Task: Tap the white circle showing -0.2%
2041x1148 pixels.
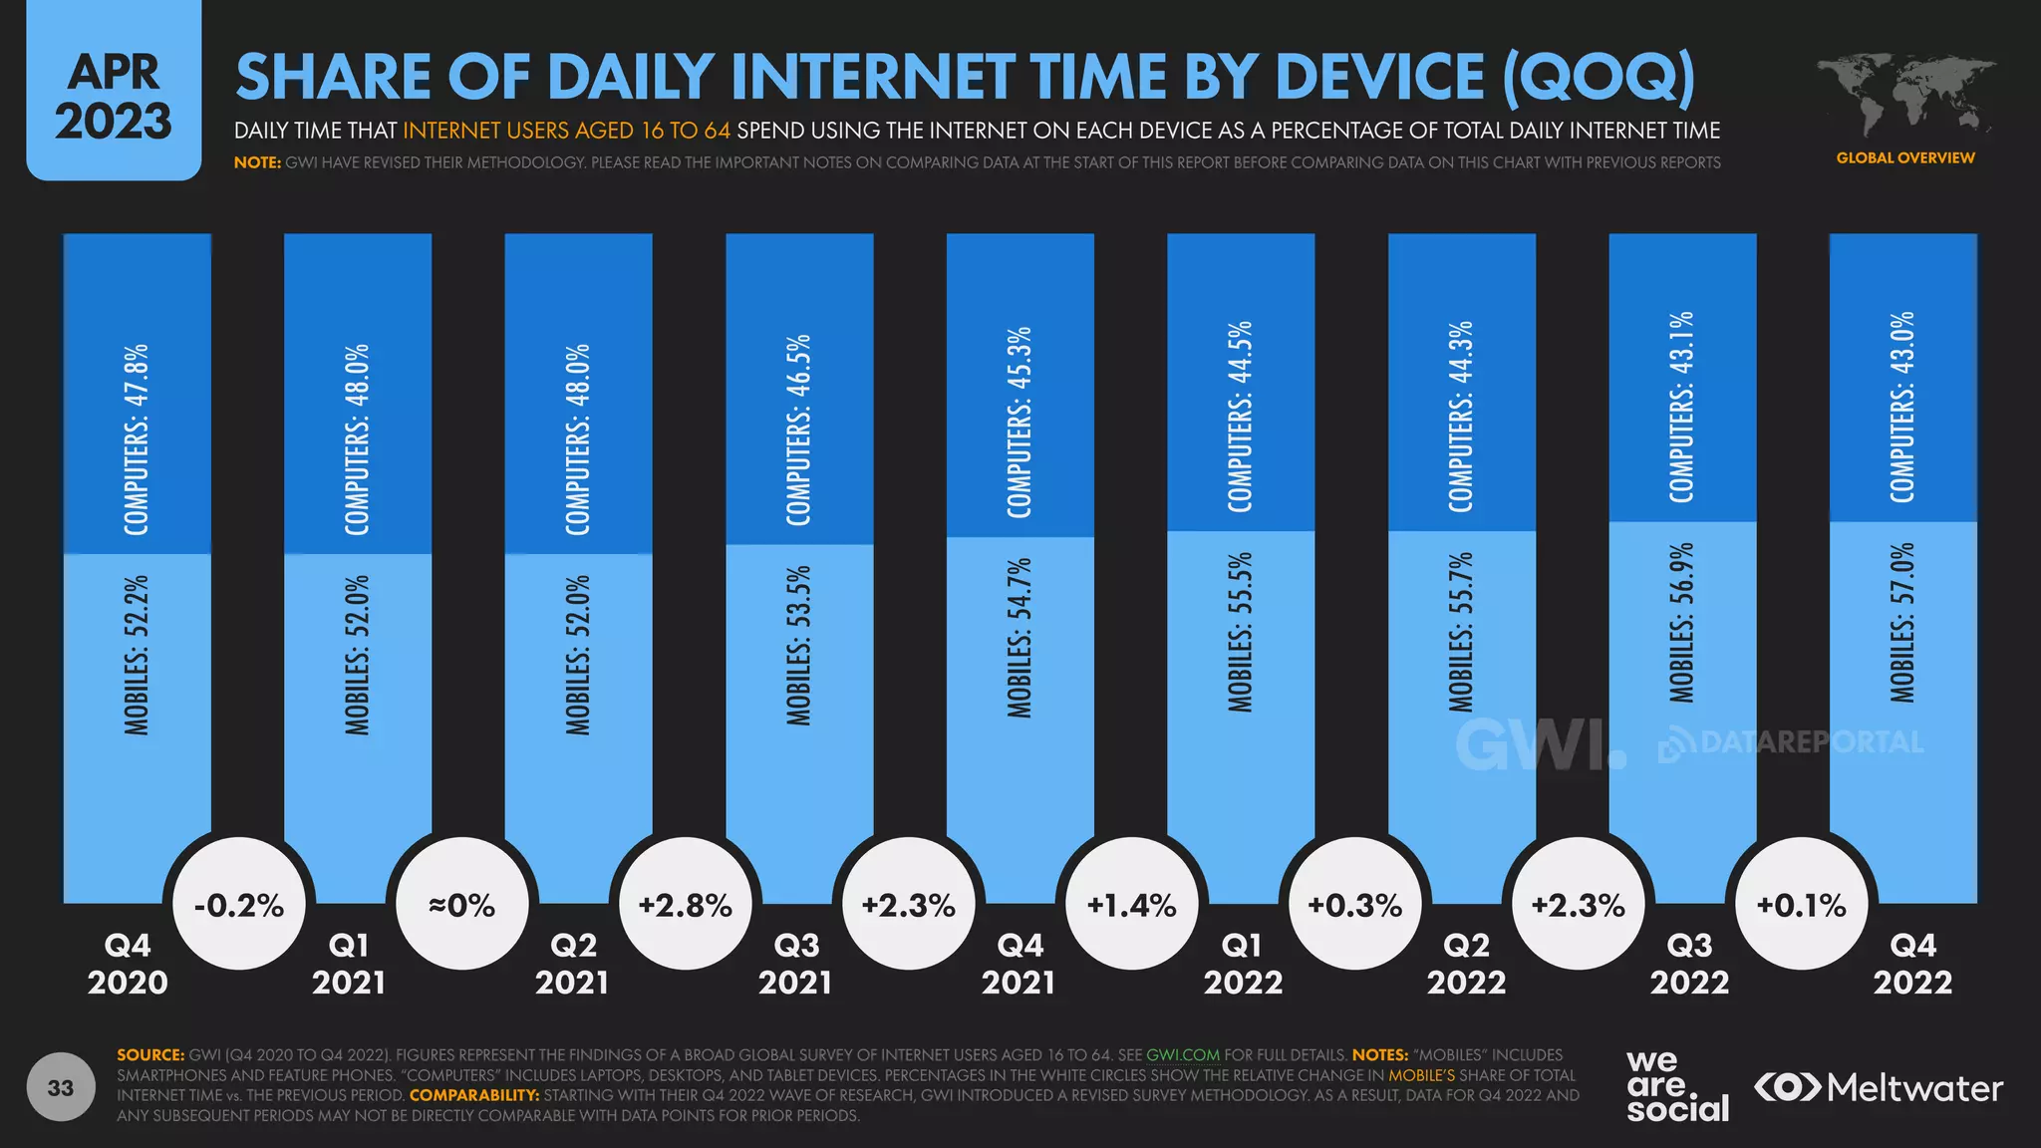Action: coord(239,905)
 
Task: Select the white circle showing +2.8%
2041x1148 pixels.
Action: coord(686,905)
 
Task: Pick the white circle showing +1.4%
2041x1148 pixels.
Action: coord(1132,905)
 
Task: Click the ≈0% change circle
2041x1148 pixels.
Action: coord(462,905)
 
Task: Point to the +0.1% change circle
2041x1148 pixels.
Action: coord(1802,905)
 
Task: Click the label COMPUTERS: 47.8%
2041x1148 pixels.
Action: coord(137,439)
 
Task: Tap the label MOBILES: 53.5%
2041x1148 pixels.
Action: coord(799,645)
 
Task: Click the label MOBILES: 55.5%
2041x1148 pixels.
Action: coord(1241,632)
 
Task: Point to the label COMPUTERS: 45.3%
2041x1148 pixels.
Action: coord(1020,422)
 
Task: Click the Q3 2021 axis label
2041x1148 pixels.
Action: coord(795,964)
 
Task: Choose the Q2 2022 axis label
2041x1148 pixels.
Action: coord(1466,964)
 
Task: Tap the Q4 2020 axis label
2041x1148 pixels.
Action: coord(128,964)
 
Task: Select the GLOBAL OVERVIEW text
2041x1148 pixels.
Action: coord(1904,157)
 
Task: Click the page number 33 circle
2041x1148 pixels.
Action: coord(61,1087)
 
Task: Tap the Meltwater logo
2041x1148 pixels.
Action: coord(1879,1087)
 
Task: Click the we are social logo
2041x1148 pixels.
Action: coord(1677,1087)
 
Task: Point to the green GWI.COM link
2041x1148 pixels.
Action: coord(1183,1054)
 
